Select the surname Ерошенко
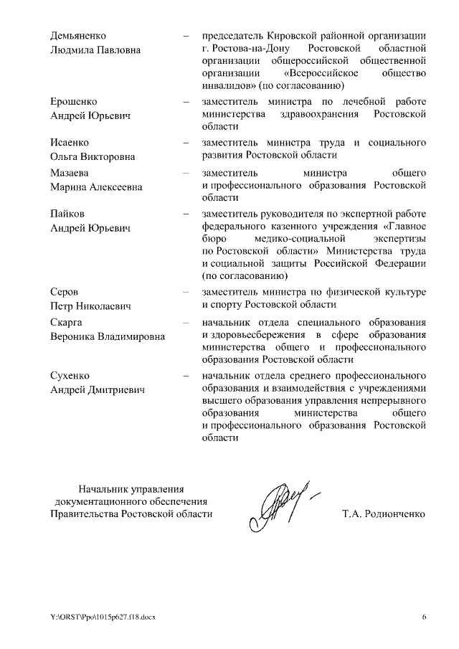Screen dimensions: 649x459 coord(74,101)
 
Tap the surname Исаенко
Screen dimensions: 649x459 coord(71,142)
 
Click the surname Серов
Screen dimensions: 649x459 coord(65,293)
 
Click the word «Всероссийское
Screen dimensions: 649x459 coord(322,73)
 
